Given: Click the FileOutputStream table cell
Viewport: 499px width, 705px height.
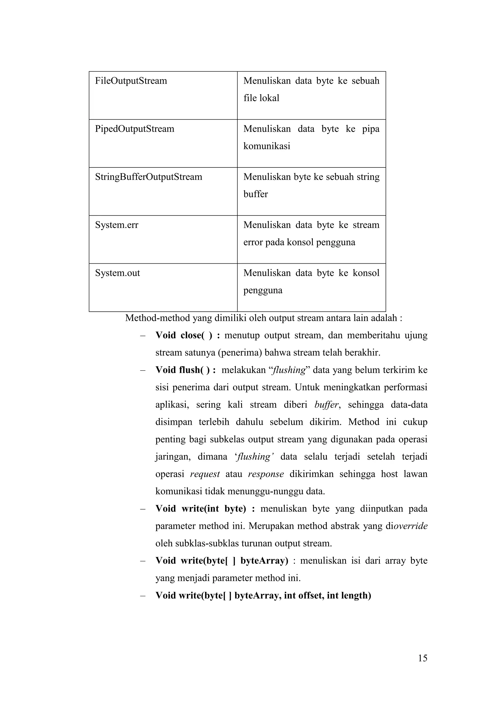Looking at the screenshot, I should click(x=131, y=81).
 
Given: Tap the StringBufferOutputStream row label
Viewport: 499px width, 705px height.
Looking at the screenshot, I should click(x=148, y=177).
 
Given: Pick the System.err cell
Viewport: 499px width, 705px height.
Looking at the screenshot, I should click(x=117, y=225).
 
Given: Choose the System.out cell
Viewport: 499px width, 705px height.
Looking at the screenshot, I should click(x=117, y=273).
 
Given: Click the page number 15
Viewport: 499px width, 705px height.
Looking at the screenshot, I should click(x=422, y=658).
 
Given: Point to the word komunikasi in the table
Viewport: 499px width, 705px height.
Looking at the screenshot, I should click(x=267, y=146).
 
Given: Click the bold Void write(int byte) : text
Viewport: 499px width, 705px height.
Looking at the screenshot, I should click(x=205, y=509).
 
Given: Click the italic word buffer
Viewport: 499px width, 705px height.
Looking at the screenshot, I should click(x=327, y=405).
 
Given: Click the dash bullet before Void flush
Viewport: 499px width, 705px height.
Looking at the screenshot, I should click(x=142, y=370).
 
